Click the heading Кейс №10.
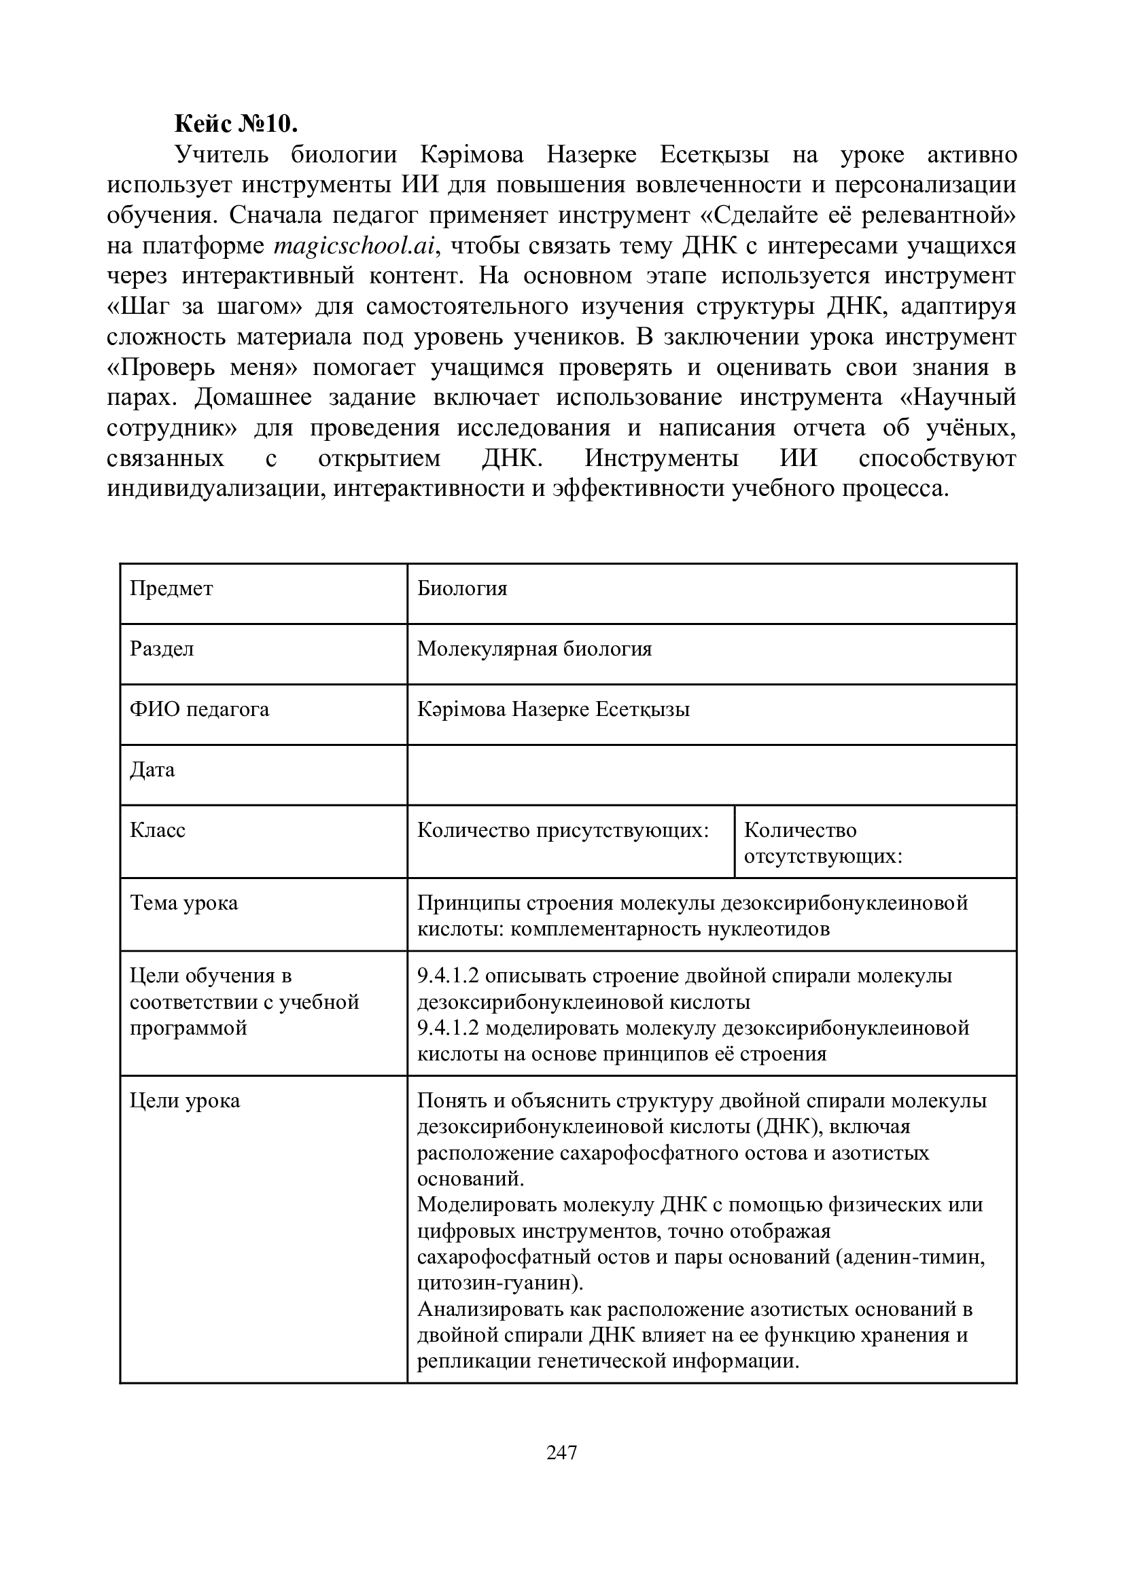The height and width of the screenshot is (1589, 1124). (x=236, y=124)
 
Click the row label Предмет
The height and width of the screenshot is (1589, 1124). (x=171, y=588)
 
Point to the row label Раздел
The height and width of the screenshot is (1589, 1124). (x=162, y=649)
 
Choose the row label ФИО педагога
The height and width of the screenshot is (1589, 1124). (x=199, y=709)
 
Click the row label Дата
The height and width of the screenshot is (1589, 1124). (x=152, y=770)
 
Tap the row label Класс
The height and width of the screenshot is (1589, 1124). (x=158, y=829)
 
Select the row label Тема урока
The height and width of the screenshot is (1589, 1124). (x=184, y=902)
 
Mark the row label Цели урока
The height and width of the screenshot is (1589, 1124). (x=185, y=1101)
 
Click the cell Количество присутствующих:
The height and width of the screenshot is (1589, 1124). (x=563, y=829)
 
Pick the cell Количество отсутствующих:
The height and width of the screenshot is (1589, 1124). (x=822, y=843)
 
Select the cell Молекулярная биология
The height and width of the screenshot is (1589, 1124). (x=534, y=649)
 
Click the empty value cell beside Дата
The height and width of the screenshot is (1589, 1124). (x=712, y=774)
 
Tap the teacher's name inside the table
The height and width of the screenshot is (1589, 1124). (x=553, y=709)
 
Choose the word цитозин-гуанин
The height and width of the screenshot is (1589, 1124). (x=497, y=1283)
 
